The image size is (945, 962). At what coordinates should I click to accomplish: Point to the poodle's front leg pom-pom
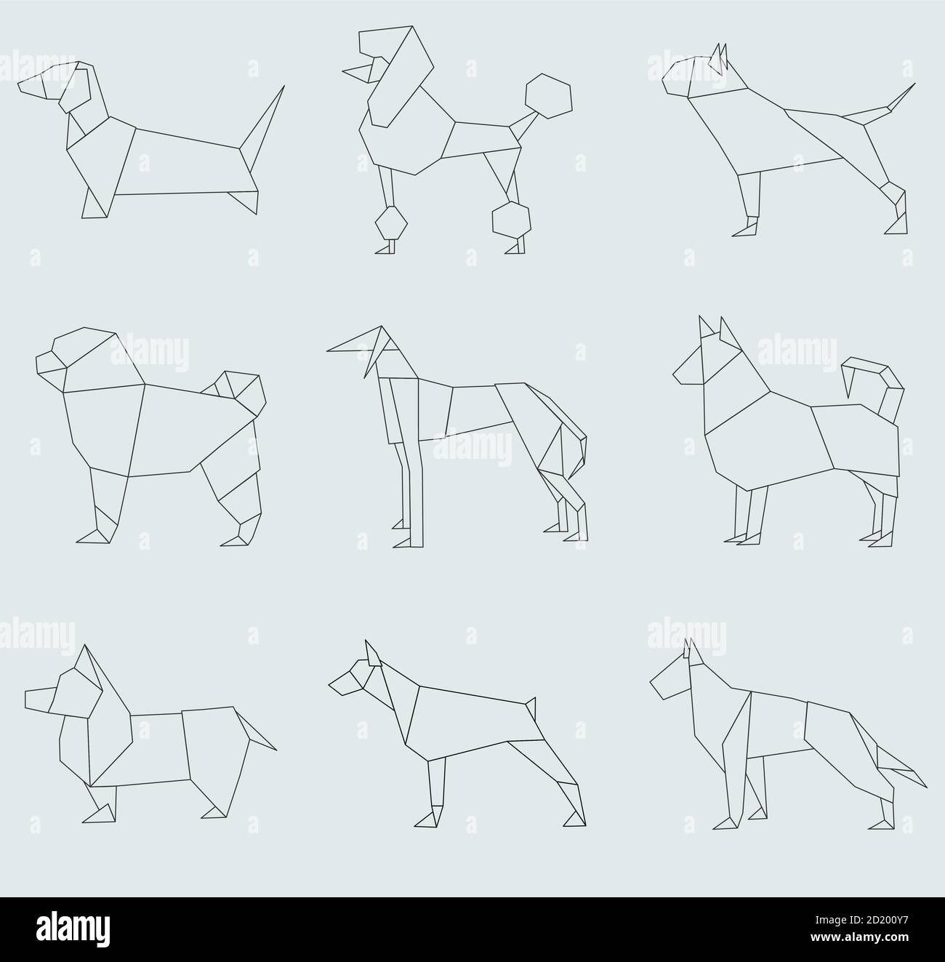tap(392, 222)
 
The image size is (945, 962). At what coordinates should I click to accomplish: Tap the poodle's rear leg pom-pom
tap(511, 217)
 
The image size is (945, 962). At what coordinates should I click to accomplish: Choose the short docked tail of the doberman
tap(531, 707)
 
